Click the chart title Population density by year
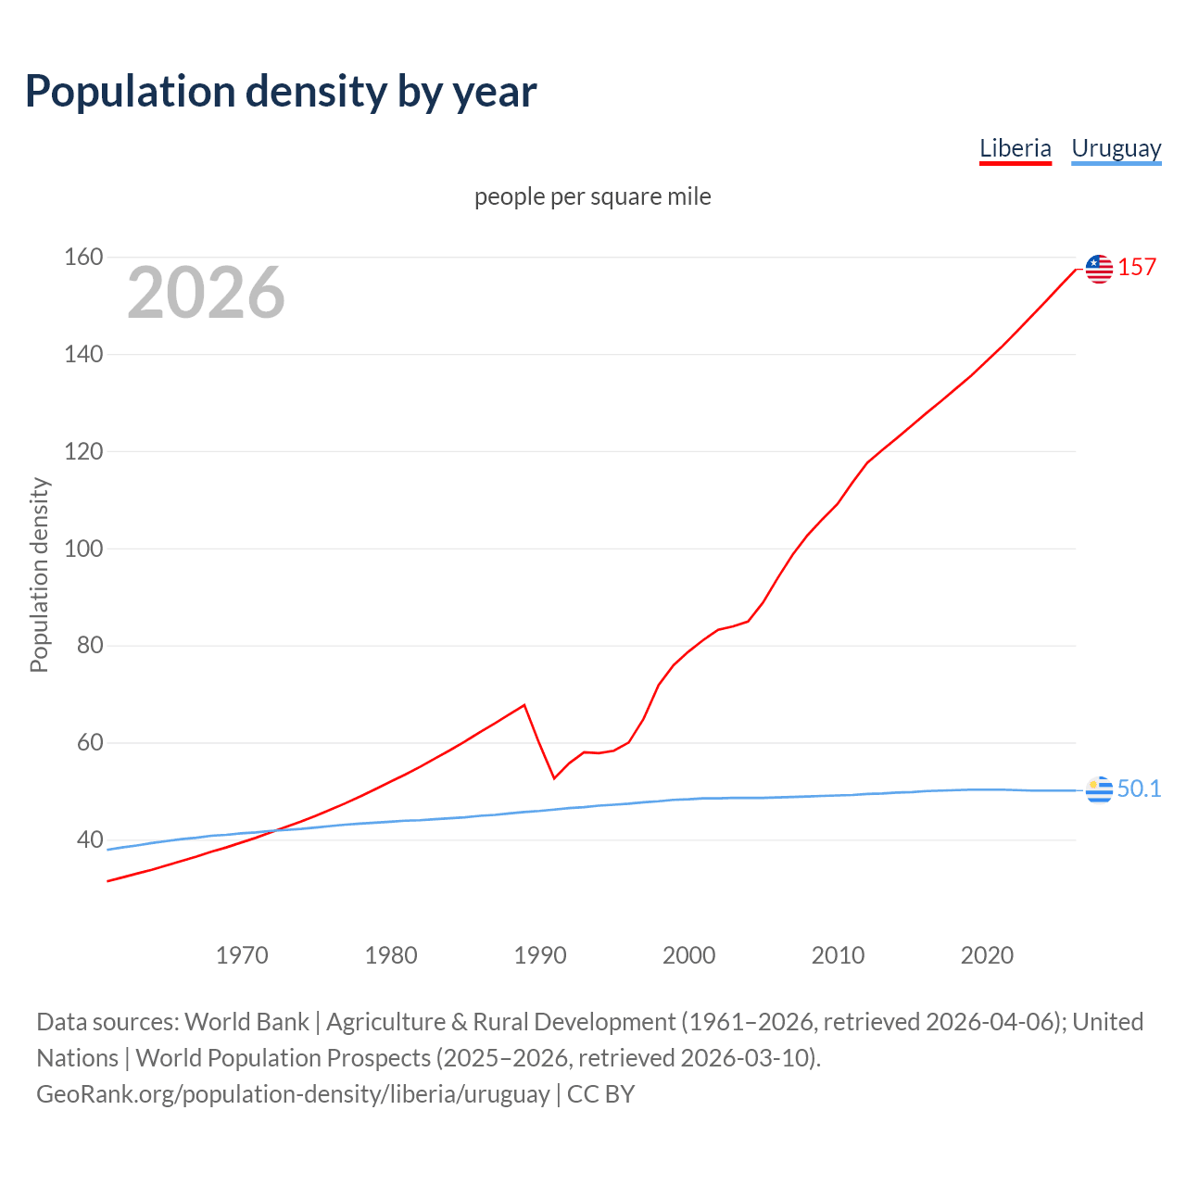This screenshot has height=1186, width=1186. click(281, 92)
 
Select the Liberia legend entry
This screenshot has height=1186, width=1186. click(1015, 148)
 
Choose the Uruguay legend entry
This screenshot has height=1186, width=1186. click(1116, 148)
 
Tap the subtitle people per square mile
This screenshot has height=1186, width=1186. click(592, 196)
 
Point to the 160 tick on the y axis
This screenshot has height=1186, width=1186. click(83, 257)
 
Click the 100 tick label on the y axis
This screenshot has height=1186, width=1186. click(83, 549)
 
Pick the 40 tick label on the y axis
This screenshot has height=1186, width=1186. click(90, 839)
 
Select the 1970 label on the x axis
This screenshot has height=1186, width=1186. click(242, 955)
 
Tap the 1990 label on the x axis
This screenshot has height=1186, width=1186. click(540, 955)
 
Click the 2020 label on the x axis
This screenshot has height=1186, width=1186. click(987, 955)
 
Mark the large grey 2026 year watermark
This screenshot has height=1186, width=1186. click(206, 293)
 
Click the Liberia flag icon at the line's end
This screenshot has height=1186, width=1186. click(1099, 269)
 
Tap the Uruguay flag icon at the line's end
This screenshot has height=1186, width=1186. click(1099, 789)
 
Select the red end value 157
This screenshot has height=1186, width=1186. click(1137, 268)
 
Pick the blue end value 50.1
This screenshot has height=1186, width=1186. click(1139, 789)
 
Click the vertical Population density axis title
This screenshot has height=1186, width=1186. click(39, 574)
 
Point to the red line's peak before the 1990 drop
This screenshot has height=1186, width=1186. click(524, 705)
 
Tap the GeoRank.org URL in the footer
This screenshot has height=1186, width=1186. click(293, 1094)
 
